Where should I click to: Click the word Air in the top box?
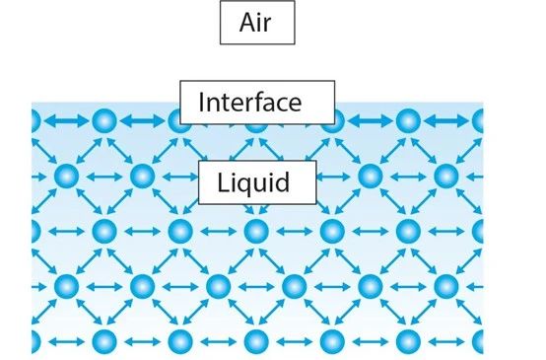tap(255, 23)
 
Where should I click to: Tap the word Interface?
tap(250, 103)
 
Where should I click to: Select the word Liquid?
tap(253, 182)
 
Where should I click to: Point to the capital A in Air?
tap(247, 23)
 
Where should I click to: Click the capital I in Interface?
tap(201, 103)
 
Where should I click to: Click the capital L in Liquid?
tap(224, 181)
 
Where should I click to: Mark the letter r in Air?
tap(267, 26)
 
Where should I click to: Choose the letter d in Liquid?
tap(283, 181)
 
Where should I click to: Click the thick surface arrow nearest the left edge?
tap(66, 121)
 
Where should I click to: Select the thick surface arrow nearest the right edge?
tap(446, 121)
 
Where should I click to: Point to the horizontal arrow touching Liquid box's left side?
tap(180, 177)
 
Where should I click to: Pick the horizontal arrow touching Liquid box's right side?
tap(333, 177)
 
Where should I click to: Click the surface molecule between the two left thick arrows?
tap(104, 121)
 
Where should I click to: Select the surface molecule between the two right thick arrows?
tap(408, 121)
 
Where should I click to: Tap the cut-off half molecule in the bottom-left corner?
tap(35, 342)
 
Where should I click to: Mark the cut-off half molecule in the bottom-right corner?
tap(478, 342)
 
